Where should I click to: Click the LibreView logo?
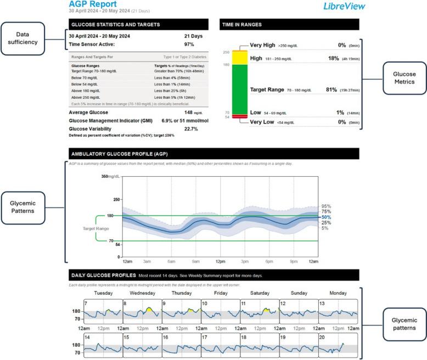tap(345, 7)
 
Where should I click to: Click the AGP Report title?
tap(93, 4)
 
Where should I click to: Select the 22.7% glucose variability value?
tap(191, 129)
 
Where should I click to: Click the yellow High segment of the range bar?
tap(239, 57)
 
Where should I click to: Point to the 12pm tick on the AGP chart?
tap(220, 261)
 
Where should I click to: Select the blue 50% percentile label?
tap(326, 217)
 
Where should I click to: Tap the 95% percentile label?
tap(326, 206)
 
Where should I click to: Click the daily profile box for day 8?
tap(142, 312)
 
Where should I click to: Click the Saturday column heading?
tap(260, 293)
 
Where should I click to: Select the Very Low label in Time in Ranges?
tap(263, 122)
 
